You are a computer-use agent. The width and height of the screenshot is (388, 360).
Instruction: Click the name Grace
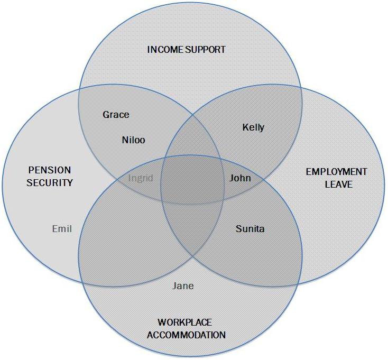(116, 115)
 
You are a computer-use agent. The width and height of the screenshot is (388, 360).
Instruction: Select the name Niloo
(133, 140)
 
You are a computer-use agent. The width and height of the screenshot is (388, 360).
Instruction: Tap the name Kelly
(253, 127)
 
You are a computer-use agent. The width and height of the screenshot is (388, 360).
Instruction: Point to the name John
(240, 178)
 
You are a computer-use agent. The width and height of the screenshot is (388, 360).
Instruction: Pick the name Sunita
(250, 229)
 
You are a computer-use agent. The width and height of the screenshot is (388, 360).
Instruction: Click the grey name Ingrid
(141, 178)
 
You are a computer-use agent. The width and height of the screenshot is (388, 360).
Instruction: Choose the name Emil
(62, 229)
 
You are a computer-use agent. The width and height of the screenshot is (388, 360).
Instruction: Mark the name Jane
(183, 286)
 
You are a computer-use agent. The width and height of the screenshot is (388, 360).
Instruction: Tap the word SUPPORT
(206, 50)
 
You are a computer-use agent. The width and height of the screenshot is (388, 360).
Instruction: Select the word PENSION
(49, 171)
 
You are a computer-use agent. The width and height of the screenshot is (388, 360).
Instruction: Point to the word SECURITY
(50, 183)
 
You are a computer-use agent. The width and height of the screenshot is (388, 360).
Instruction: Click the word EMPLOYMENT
(336, 172)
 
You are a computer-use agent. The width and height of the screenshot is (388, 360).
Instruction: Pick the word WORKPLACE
(185, 322)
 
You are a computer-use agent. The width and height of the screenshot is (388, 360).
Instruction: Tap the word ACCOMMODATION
(186, 335)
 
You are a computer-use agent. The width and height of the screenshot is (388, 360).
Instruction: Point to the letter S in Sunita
(238, 229)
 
